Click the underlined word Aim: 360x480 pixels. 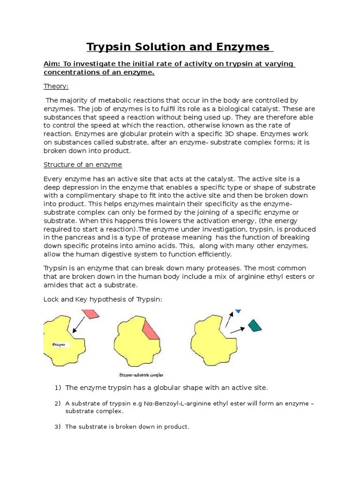coord(53,64)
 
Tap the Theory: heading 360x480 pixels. coord(56,86)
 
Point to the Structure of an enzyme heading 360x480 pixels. coord(83,165)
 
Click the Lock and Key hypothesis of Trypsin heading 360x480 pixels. coord(103,300)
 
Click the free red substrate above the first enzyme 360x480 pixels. coord(90,314)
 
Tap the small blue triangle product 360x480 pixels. coord(238,311)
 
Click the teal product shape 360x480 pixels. coord(255,325)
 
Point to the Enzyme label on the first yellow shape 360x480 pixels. coord(59,345)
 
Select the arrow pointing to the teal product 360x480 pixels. coord(237,329)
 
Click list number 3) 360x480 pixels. coord(58,427)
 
